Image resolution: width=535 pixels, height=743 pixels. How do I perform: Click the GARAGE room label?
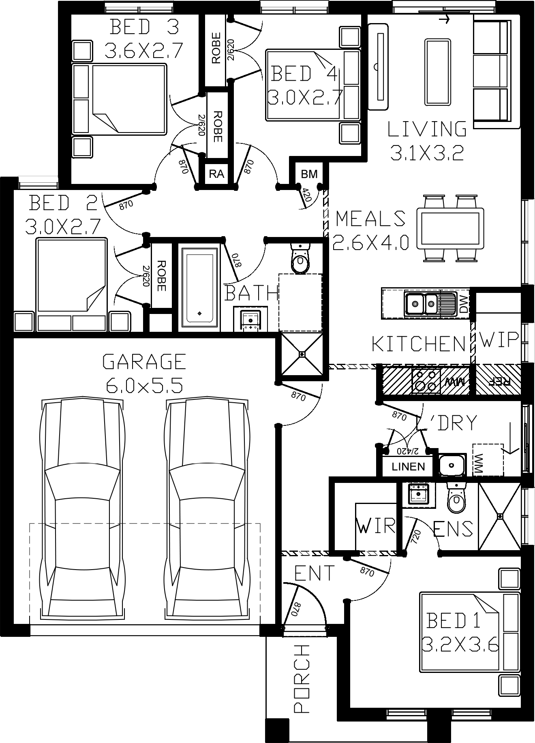coord(144,361)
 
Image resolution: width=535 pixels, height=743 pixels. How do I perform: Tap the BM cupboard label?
coord(309,174)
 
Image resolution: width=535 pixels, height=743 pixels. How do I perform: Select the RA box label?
coord(216,174)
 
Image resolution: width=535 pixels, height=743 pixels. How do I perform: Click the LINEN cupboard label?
coord(408,467)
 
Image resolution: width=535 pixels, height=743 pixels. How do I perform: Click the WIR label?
coord(376,525)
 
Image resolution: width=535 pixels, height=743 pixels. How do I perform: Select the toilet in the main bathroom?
coord(300,259)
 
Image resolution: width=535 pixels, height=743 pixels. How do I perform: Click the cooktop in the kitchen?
coord(426,381)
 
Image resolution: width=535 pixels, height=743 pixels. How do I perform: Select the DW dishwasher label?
coord(463,303)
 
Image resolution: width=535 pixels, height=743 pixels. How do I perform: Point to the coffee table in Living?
coord(437,72)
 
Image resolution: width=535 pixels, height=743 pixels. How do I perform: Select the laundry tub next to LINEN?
coord(451,464)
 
